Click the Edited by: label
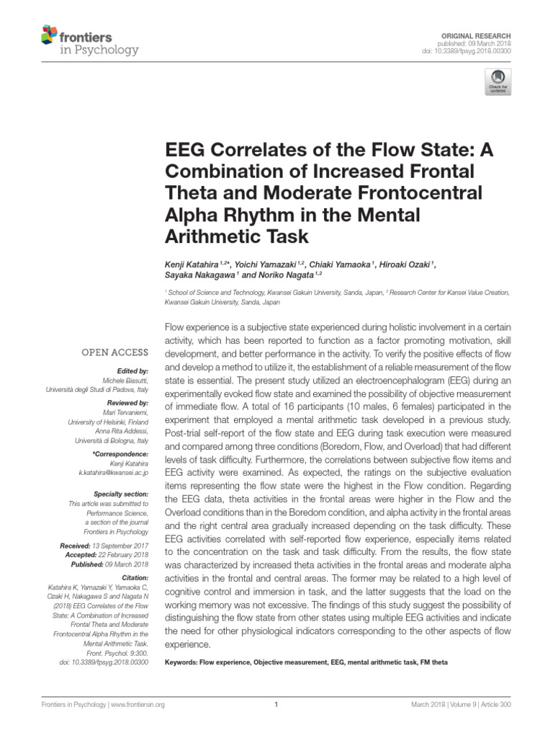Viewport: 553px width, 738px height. [x=131, y=370]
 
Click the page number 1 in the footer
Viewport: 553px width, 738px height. [x=276, y=705]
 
